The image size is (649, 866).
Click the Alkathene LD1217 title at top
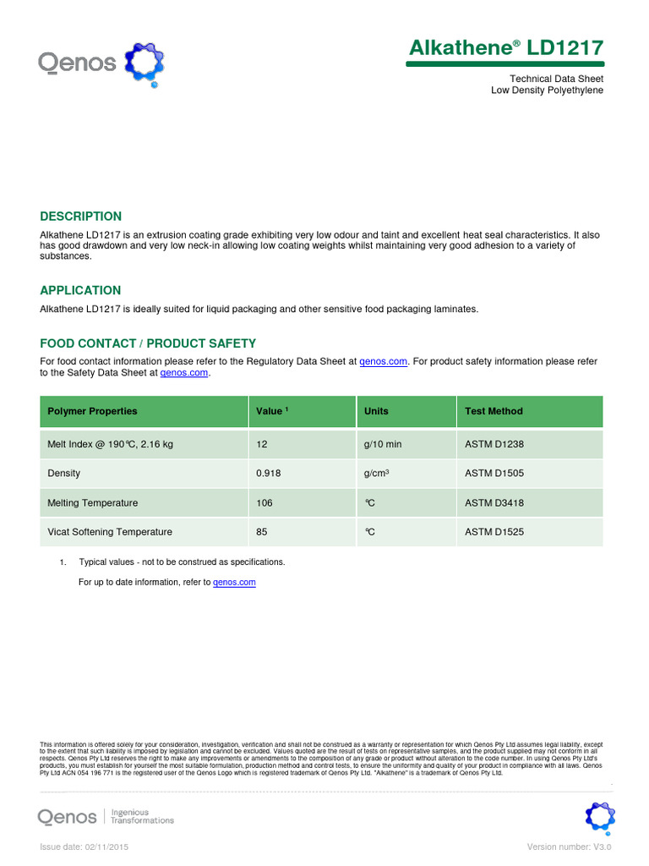pos(505,48)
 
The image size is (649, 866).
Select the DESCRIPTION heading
pos(81,216)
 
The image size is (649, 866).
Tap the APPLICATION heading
pos(80,290)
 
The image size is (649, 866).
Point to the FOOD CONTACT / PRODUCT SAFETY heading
pos(148,343)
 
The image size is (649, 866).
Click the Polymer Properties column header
pos(92,411)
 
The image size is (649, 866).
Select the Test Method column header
pos(494,411)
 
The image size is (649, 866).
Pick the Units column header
pos(376,411)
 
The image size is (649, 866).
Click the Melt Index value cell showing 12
pos(262,444)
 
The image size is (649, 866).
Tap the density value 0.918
pos(269,474)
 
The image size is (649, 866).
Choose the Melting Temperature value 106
pos(265,503)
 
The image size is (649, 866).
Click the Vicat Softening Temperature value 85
pos(262,532)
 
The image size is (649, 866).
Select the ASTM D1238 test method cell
pos(494,444)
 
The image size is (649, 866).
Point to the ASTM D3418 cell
pos(494,503)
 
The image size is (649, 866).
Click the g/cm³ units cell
pos(377,474)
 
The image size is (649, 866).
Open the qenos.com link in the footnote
pos(234,583)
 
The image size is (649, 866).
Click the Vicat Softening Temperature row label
pos(110,532)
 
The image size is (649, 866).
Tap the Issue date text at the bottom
pos(85,847)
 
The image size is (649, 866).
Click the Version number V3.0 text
pos(569,847)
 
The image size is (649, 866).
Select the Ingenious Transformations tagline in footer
pos(143,816)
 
